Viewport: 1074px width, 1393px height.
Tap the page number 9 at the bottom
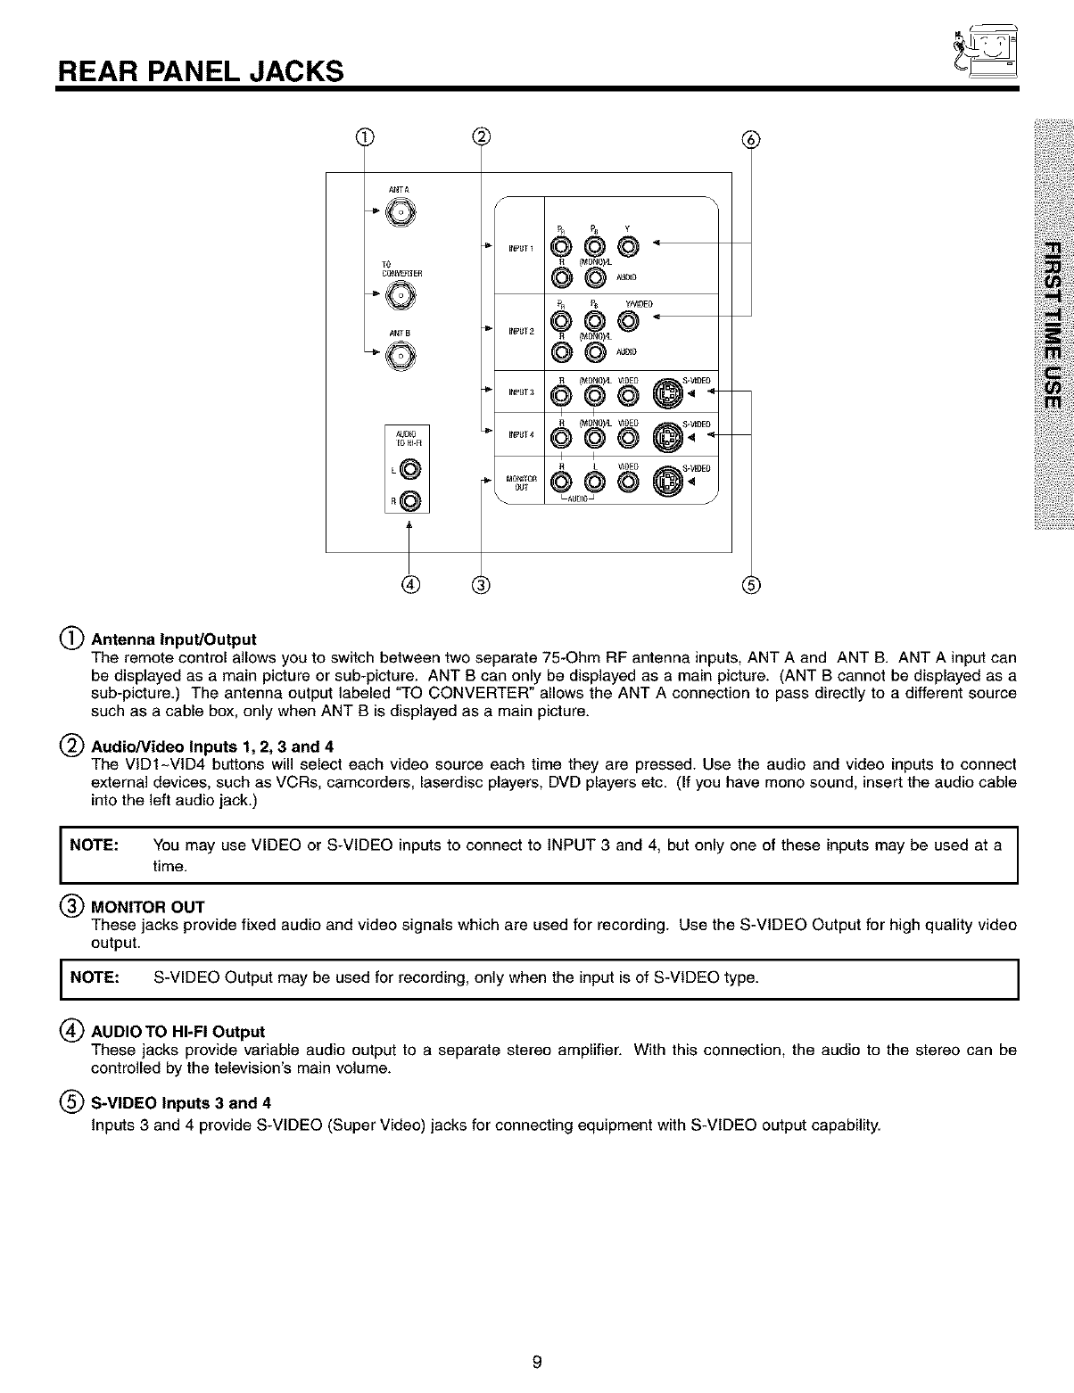click(x=536, y=1362)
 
